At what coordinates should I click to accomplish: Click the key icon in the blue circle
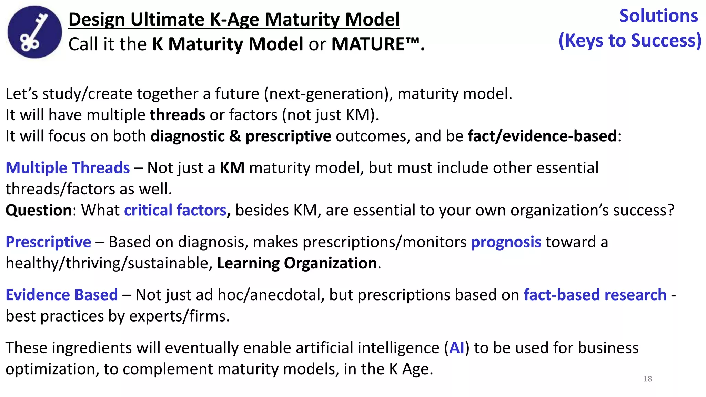click(34, 32)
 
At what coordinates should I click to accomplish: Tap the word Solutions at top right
click(658, 16)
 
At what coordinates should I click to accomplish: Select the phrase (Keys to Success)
click(630, 41)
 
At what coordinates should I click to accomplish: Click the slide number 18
click(647, 379)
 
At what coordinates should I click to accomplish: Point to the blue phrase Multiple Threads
click(68, 168)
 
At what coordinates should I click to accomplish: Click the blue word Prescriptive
click(48, 242)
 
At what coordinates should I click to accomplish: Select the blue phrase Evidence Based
click(62, 295)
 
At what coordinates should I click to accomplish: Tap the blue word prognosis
click(506, 242)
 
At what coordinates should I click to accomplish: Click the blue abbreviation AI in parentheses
click(457, 348)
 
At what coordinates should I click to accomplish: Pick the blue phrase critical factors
click(175, 210)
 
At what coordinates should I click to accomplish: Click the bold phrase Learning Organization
click(297, 263)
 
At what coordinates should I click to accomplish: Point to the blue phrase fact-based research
click(595, 295)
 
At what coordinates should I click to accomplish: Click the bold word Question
click(39, 210)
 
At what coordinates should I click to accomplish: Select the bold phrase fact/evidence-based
click(542, 136)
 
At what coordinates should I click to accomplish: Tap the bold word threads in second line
click(178, 115)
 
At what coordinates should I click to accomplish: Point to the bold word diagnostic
click(188, 136)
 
